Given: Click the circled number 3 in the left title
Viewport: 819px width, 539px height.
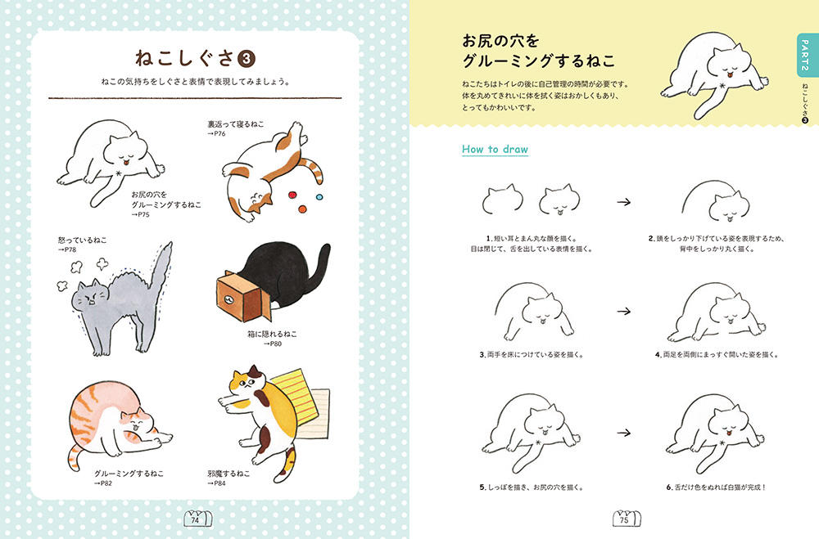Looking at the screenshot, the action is (247, 59).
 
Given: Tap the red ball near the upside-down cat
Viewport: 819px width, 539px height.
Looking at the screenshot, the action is (292, 195).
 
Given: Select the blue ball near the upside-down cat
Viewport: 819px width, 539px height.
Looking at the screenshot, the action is (319, 198).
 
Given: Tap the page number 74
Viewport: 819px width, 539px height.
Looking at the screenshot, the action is (196, 519).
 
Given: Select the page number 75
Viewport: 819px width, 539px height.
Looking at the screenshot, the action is (624, 519).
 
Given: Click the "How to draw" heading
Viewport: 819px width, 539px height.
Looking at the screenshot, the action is (495, 149).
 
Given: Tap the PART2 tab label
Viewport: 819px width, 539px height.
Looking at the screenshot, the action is (805, 56).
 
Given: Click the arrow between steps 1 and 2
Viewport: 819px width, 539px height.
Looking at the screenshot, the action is (623, 202).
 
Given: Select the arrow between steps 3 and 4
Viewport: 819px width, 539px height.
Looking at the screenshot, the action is (623, 312).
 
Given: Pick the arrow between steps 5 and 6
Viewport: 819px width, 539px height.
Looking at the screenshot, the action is (623, 433).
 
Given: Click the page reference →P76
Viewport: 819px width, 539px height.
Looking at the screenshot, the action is (216, 133).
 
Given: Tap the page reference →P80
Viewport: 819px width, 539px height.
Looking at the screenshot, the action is (272, 344).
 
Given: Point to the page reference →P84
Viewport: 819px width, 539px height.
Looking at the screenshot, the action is (216, 483).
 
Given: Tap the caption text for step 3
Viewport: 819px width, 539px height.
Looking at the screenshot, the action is (532, 354).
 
